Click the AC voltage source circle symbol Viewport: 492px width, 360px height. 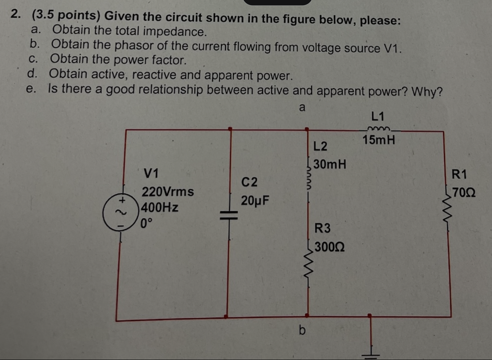click(x=121, y=214)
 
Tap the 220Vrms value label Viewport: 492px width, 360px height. click(x=168, y=191)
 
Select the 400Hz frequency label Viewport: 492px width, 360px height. click(x=160, y=208)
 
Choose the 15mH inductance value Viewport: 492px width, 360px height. click(x=379, y=140)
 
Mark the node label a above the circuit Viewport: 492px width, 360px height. click(x=302, y=107)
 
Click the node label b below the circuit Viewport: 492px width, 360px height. click(x=302, y=330)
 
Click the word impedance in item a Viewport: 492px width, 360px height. click(x=174, y=32)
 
